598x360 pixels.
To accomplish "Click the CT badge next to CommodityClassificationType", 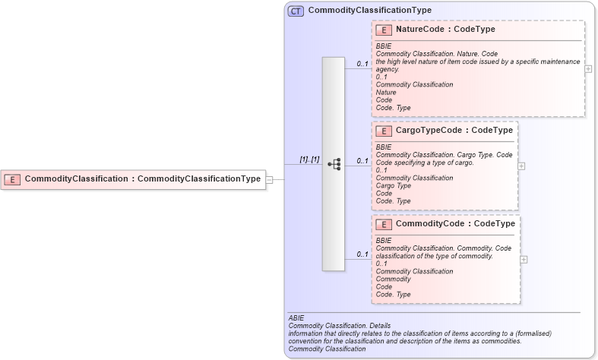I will click(x=296, y=11).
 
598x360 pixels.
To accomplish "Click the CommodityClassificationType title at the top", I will click(x=369, y=11).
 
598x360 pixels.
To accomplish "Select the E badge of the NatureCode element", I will click(x=384, y=30).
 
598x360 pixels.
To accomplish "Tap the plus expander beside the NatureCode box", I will click(x=588, y=68).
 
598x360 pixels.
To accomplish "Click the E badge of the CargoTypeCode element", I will click(x=384, y=131).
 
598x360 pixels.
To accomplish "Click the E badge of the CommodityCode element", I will click(x=384, y=224).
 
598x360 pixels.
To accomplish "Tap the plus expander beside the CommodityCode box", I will click(x=524, y=259).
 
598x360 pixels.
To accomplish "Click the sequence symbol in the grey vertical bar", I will click(x=334, y=163).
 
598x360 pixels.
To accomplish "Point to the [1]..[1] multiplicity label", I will click(x=309, y=159).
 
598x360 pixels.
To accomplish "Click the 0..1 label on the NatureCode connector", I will click(x=362, y=64).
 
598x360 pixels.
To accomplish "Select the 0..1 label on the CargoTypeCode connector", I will click(x=362, y=160).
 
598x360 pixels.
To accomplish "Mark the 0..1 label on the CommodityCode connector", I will click(x=362, y=254).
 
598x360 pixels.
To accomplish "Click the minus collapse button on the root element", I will click(x=269, y=180).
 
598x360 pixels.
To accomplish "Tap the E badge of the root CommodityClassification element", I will click(x=12, y=179).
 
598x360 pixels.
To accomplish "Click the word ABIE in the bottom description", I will click(x=296, y=317).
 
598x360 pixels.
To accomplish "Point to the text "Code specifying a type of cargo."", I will click(x=425, y=163).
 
